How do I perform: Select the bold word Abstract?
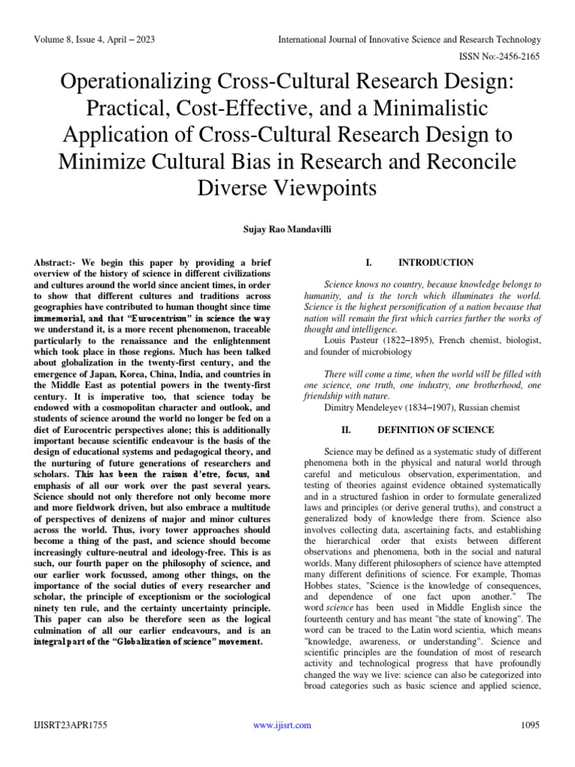point(55,263)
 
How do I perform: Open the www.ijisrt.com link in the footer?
point(282,725)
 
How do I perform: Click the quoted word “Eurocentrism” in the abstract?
point(162,318)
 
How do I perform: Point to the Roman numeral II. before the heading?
point(348,430)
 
